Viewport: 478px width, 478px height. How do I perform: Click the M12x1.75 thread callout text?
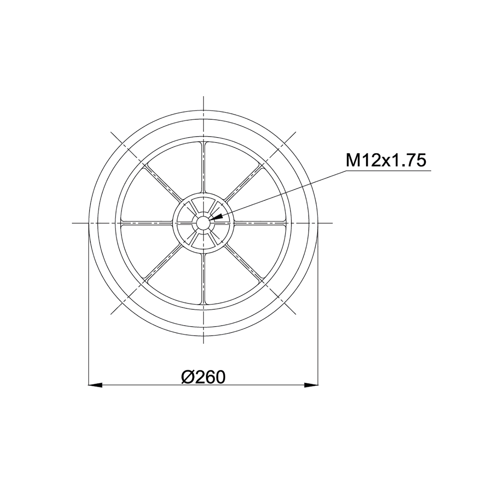pos(386,160)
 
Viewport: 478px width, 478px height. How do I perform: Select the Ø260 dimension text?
pos(203,378)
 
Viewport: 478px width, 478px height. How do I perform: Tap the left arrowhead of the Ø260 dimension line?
pos(95,385)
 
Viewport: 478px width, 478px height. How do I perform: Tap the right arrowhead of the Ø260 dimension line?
pos(311,385)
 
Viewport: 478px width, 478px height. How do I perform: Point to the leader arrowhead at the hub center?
pos(216,217)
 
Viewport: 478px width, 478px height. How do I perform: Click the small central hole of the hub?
pos(203,223)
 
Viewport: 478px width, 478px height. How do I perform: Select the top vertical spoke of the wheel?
pos(203,167)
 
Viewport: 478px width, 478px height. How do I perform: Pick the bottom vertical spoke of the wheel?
pos(203,279)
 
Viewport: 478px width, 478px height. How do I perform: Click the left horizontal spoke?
pos(146,223)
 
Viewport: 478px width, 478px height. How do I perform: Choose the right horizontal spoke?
pos(260,223)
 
